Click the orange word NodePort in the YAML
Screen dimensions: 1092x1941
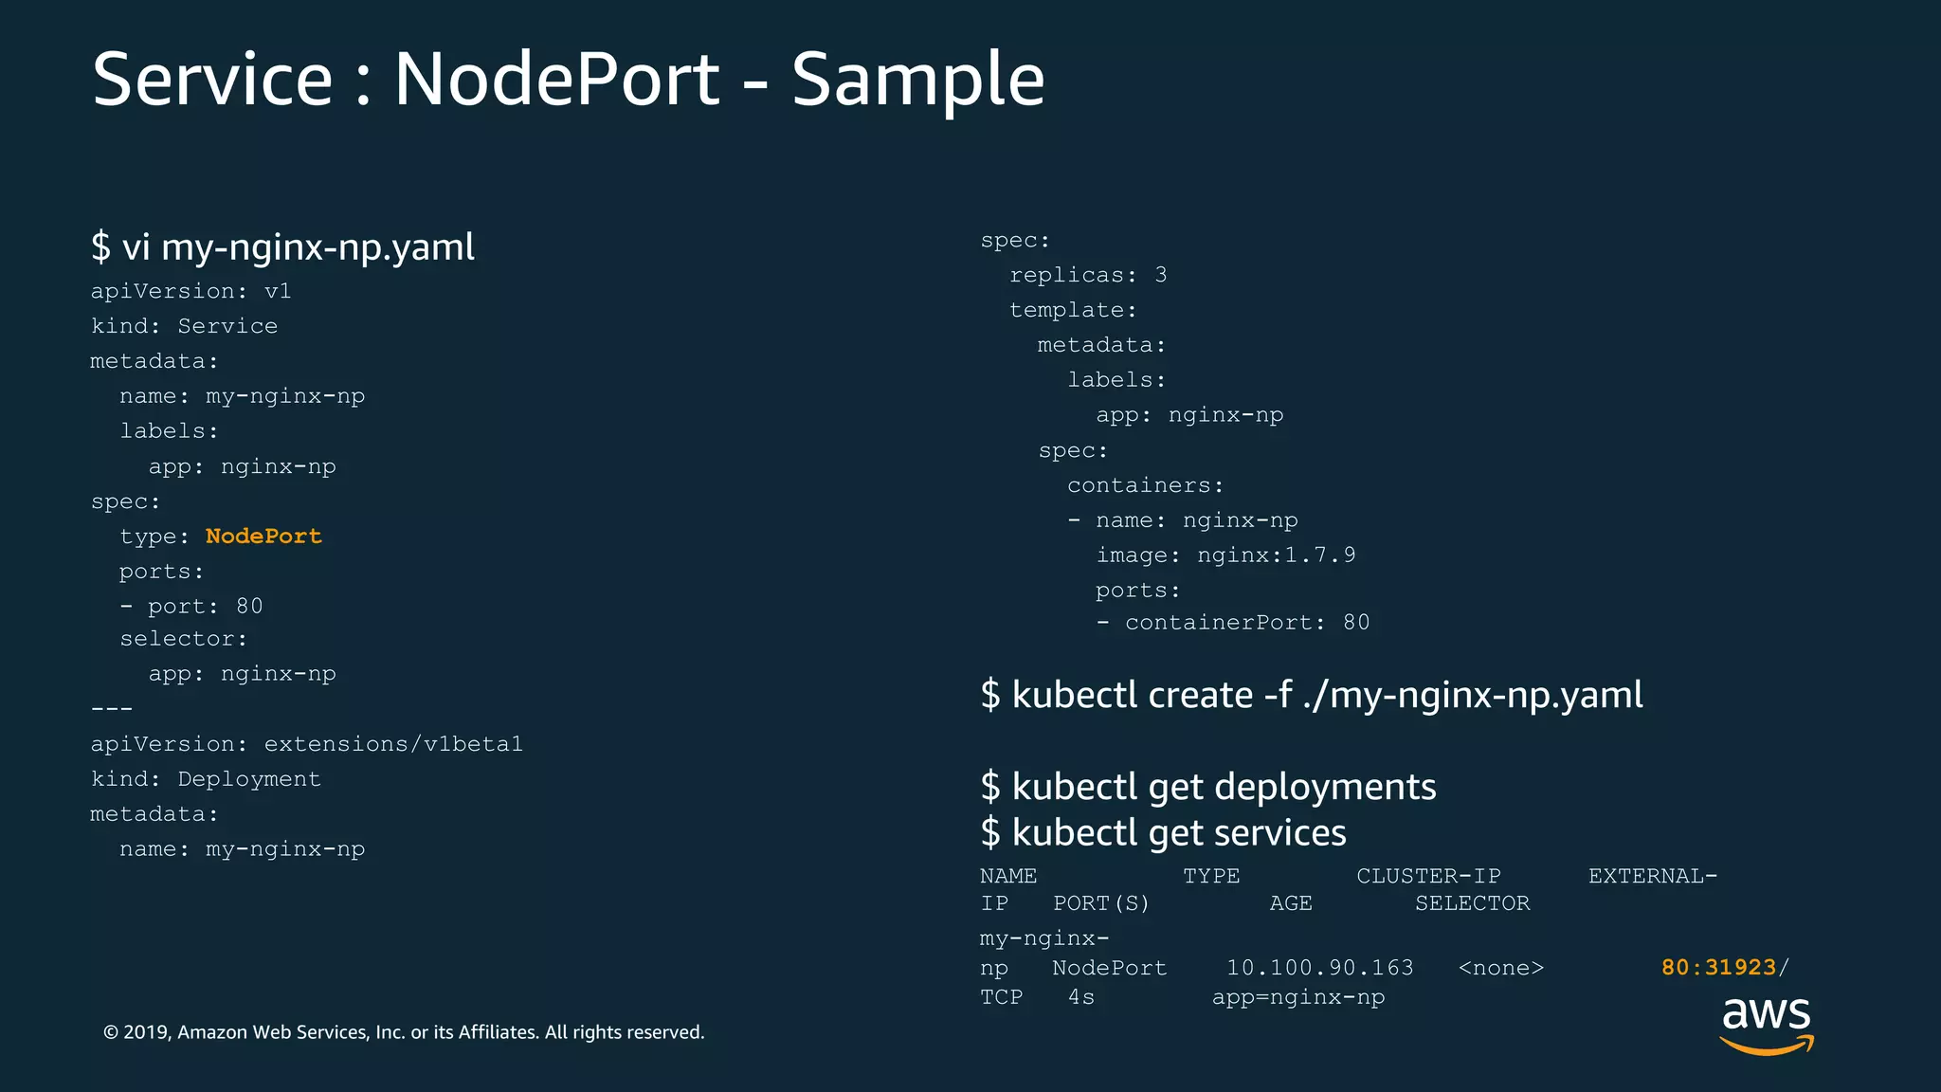pos(263,537)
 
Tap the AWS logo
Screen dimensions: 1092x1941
pos(1766,1024)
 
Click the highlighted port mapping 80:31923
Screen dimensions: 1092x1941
pos(1718,968)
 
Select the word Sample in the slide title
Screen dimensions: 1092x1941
pos(917,80)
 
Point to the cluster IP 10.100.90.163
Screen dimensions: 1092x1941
pos(1319,968)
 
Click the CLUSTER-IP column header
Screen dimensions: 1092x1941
pos(1428,876)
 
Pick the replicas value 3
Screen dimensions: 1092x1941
pos(1161,275)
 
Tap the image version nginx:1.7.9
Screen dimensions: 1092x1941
pos(1276,555)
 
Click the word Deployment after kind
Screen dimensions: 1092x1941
pos(249,779)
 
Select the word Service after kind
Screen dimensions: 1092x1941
pos(227,326)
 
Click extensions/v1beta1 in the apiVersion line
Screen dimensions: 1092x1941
pos(393,744)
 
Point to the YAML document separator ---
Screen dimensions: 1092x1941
pos(112,709)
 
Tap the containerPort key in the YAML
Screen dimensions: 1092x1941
pos(1218,623)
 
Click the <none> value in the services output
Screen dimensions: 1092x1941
pos(1501,968)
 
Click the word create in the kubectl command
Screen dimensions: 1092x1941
pos(1200,696)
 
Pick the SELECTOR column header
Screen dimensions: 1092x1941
pos(1472,903)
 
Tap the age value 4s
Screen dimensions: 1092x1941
pos(1081,997)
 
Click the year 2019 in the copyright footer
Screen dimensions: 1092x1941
pos(145,1032)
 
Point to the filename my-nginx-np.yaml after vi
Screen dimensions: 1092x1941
pos(317,247)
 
